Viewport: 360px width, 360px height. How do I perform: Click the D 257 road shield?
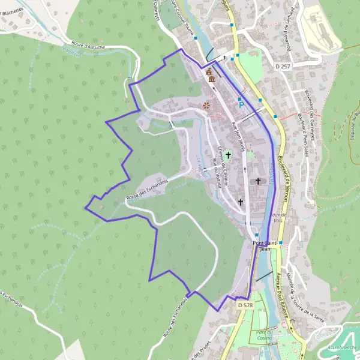coord(284,65)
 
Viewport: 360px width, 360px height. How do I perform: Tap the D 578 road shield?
coord(245,305)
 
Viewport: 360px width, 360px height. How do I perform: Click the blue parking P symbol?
coord(241,104)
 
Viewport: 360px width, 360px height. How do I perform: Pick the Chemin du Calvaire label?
coord(223,163)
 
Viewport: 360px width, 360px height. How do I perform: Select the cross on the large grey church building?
coord(259,180)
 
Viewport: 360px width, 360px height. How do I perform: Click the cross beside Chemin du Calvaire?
coord(228,155)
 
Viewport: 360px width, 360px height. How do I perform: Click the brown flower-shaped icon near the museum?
coord(206,105)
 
